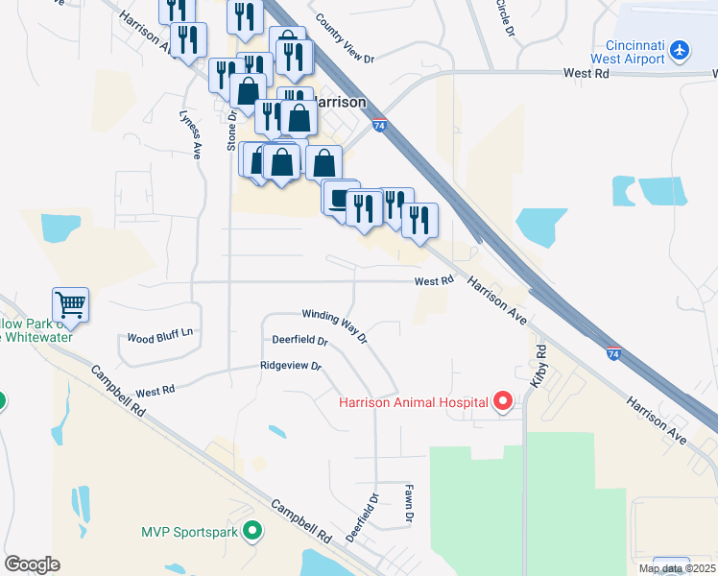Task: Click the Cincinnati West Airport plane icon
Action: click(x=680, y=48)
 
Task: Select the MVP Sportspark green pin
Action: click(x=252, y=530)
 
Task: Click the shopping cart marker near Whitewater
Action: click(x=70, y=305)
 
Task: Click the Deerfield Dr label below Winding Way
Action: click(x=299, y=341)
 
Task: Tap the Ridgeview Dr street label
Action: click(x=290, y=366)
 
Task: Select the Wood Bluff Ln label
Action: click(x=160, y=338)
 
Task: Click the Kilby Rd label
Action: click(x=538, y=361)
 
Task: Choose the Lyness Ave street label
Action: click(x=189, y=133)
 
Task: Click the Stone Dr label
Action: click(x=231, y=132)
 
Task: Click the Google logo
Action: click(x=31, y=564)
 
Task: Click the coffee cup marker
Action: click(x=339, y=199)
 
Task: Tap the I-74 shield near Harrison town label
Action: click(x=380, y=125)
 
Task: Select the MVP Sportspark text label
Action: click(x=190, y=530)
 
